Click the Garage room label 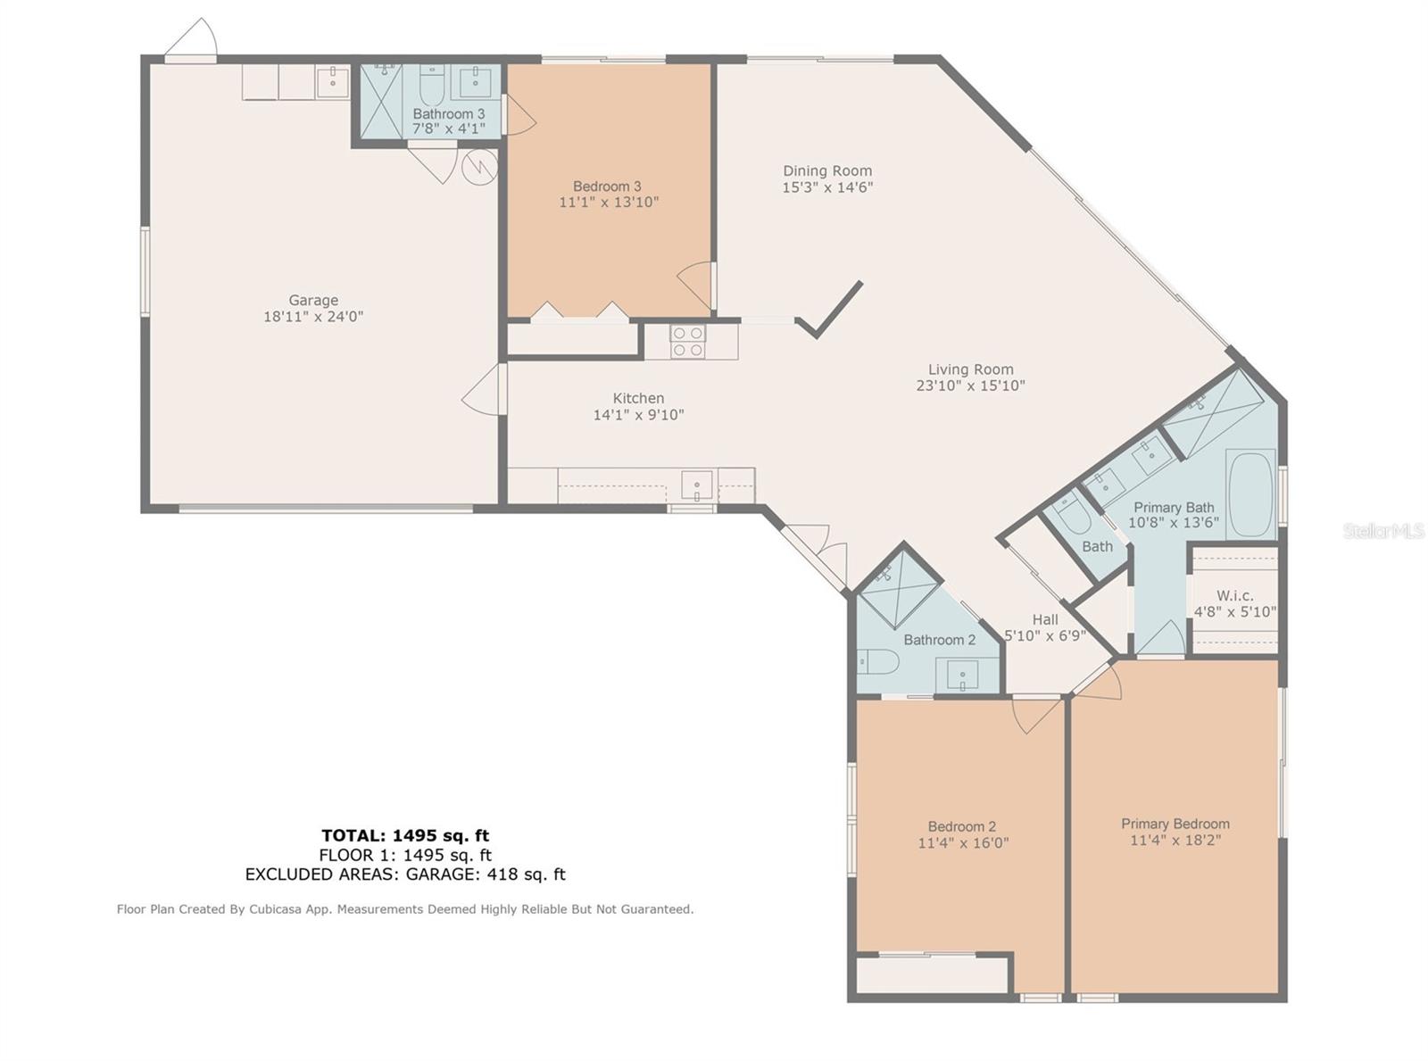click(313, 301)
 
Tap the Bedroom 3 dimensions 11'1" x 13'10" click(609, 203)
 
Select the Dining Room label click(827, 171)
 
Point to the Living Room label click(970, 369)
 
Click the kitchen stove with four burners click(688, 342)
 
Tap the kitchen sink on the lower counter click(697, 485)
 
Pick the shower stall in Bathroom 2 click(898, 590)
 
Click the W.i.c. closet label click(1234, 596)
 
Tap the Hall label click(1045, 619)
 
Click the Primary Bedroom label click(1175, 824)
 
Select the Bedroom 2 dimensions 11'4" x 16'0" click(963, 842)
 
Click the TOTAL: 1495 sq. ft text click(405, 835)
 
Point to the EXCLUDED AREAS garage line click(405, 874)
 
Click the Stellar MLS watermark click(1384, 531)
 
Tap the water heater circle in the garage click(479, 166)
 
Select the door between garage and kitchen click(486, 388)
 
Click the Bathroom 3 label click(449, 114)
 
